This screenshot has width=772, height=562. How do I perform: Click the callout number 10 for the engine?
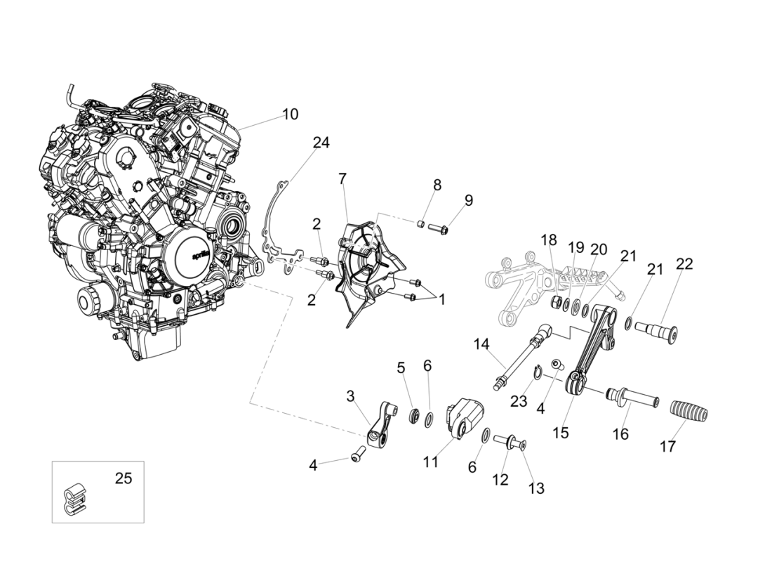[x=290, y=114]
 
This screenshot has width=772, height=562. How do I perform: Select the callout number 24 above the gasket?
[x=321, y=143]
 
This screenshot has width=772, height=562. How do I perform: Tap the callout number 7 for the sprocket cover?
[x=342, y=179]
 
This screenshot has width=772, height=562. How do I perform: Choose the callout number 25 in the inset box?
[x=124, y=479]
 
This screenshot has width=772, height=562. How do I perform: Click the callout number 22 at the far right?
[x=684, y=264]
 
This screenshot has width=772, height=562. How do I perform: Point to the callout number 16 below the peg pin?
[x=620, y=434]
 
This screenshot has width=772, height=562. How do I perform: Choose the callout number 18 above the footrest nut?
[x=549, y=240]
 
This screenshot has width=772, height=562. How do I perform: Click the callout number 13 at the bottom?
[x=535, y=488]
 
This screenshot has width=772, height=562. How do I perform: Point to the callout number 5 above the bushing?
[x=401, y=367]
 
